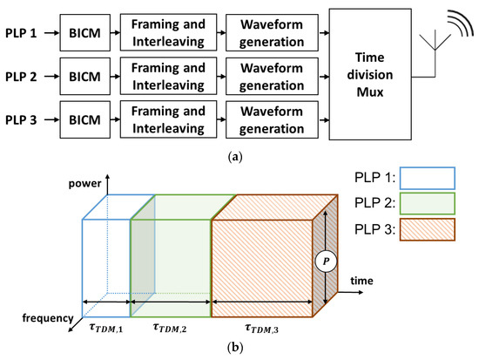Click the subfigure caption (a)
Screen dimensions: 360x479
pos(239,160)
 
